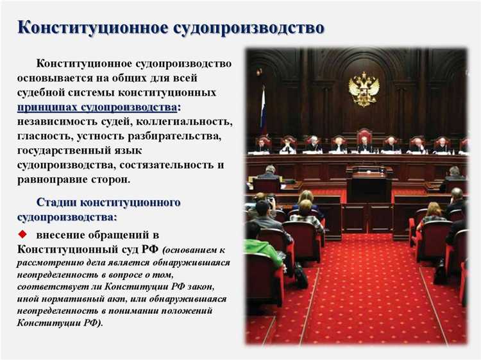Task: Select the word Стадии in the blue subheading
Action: [x=58, y=203]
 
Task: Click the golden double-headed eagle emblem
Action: [x=364, y=89]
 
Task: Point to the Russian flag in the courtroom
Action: [x=263, y=112]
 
